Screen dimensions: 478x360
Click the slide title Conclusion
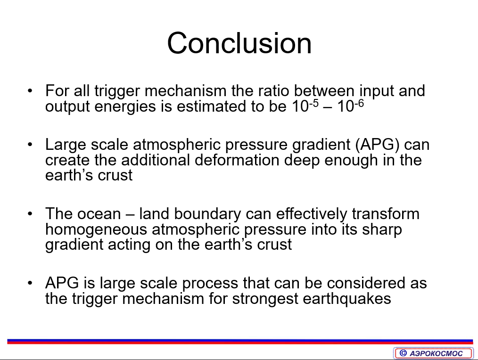pyautogui.click(x=239, y=43)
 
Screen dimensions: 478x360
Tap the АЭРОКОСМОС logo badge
pyautogui.click(x=433, y=353)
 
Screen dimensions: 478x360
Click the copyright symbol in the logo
pyautogui.click(x=403, y=353)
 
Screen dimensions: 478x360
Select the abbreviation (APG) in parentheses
pyautogui.click(x=378, y=144)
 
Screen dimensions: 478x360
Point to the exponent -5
pyautogui.click(x=313, y=103)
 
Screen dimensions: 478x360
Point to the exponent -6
pyautogui.click(x=359, y=103)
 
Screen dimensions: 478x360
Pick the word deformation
pyautogui.click(x=237, y=160)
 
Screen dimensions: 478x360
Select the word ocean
pyautogui.click(x=99, y=214)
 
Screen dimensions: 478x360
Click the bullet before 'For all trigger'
pyautogui.click(x=30, y=90)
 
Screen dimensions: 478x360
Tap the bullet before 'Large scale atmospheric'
pyautogui.click(x=30, y=144)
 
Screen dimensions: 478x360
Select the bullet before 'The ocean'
pyautogui.click(x=30, y=213)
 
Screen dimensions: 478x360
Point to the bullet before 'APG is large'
pyautogui.click(x=30, y=283)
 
